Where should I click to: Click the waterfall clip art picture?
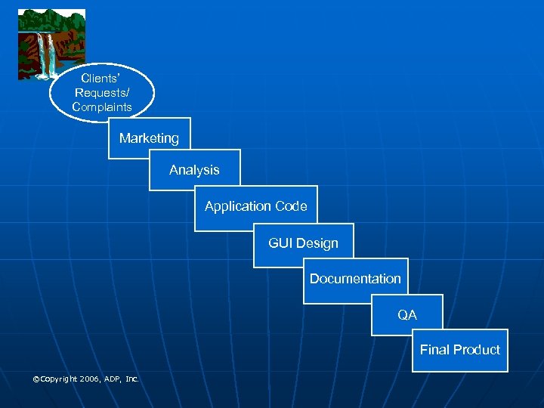(x=51, y=44)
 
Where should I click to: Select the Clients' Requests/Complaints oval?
(x=102, y=92)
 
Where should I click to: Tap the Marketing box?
(x=149, y=138)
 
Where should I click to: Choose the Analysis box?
(x=194, y=170)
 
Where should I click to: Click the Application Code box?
(x=255, y=206)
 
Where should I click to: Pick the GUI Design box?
(x=303, y=243)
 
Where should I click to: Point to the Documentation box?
(x=355, y=279)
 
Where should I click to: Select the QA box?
(x=407, y=314)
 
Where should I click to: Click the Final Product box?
(x=459, y=350)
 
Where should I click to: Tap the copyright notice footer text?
(x=85, y=379)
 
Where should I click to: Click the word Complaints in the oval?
(x=102, y=107)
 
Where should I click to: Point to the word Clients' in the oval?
(x=102, y=77)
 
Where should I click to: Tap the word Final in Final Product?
(x=434, y=350)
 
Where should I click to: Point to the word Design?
(x=317, y=243)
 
